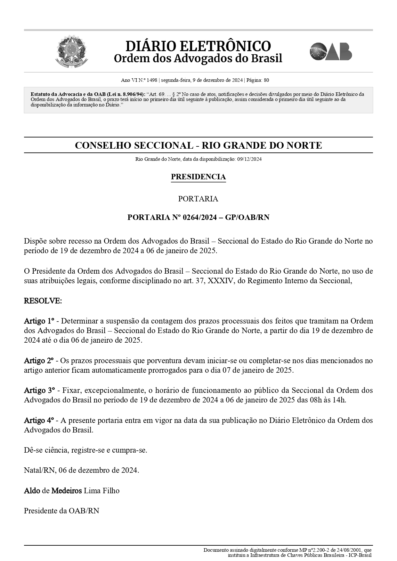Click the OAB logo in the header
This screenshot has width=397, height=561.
tap(331, 51)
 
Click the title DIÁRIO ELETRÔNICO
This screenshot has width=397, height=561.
tap(198, 46)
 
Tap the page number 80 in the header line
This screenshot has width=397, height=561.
tap(266, 80)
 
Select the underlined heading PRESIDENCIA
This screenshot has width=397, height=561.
tap(198, 177)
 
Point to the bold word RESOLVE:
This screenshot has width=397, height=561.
tap(43, 301)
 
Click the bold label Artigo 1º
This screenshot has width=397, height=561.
tap(39, 321)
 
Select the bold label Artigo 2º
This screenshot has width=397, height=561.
tap(39, 361)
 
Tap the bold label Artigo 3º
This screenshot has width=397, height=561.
tap(39, 390)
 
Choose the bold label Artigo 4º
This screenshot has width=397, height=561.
tap(39, 420)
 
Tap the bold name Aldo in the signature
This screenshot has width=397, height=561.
tap(32, 491)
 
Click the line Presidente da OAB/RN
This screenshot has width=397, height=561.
tap(61, 511)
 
